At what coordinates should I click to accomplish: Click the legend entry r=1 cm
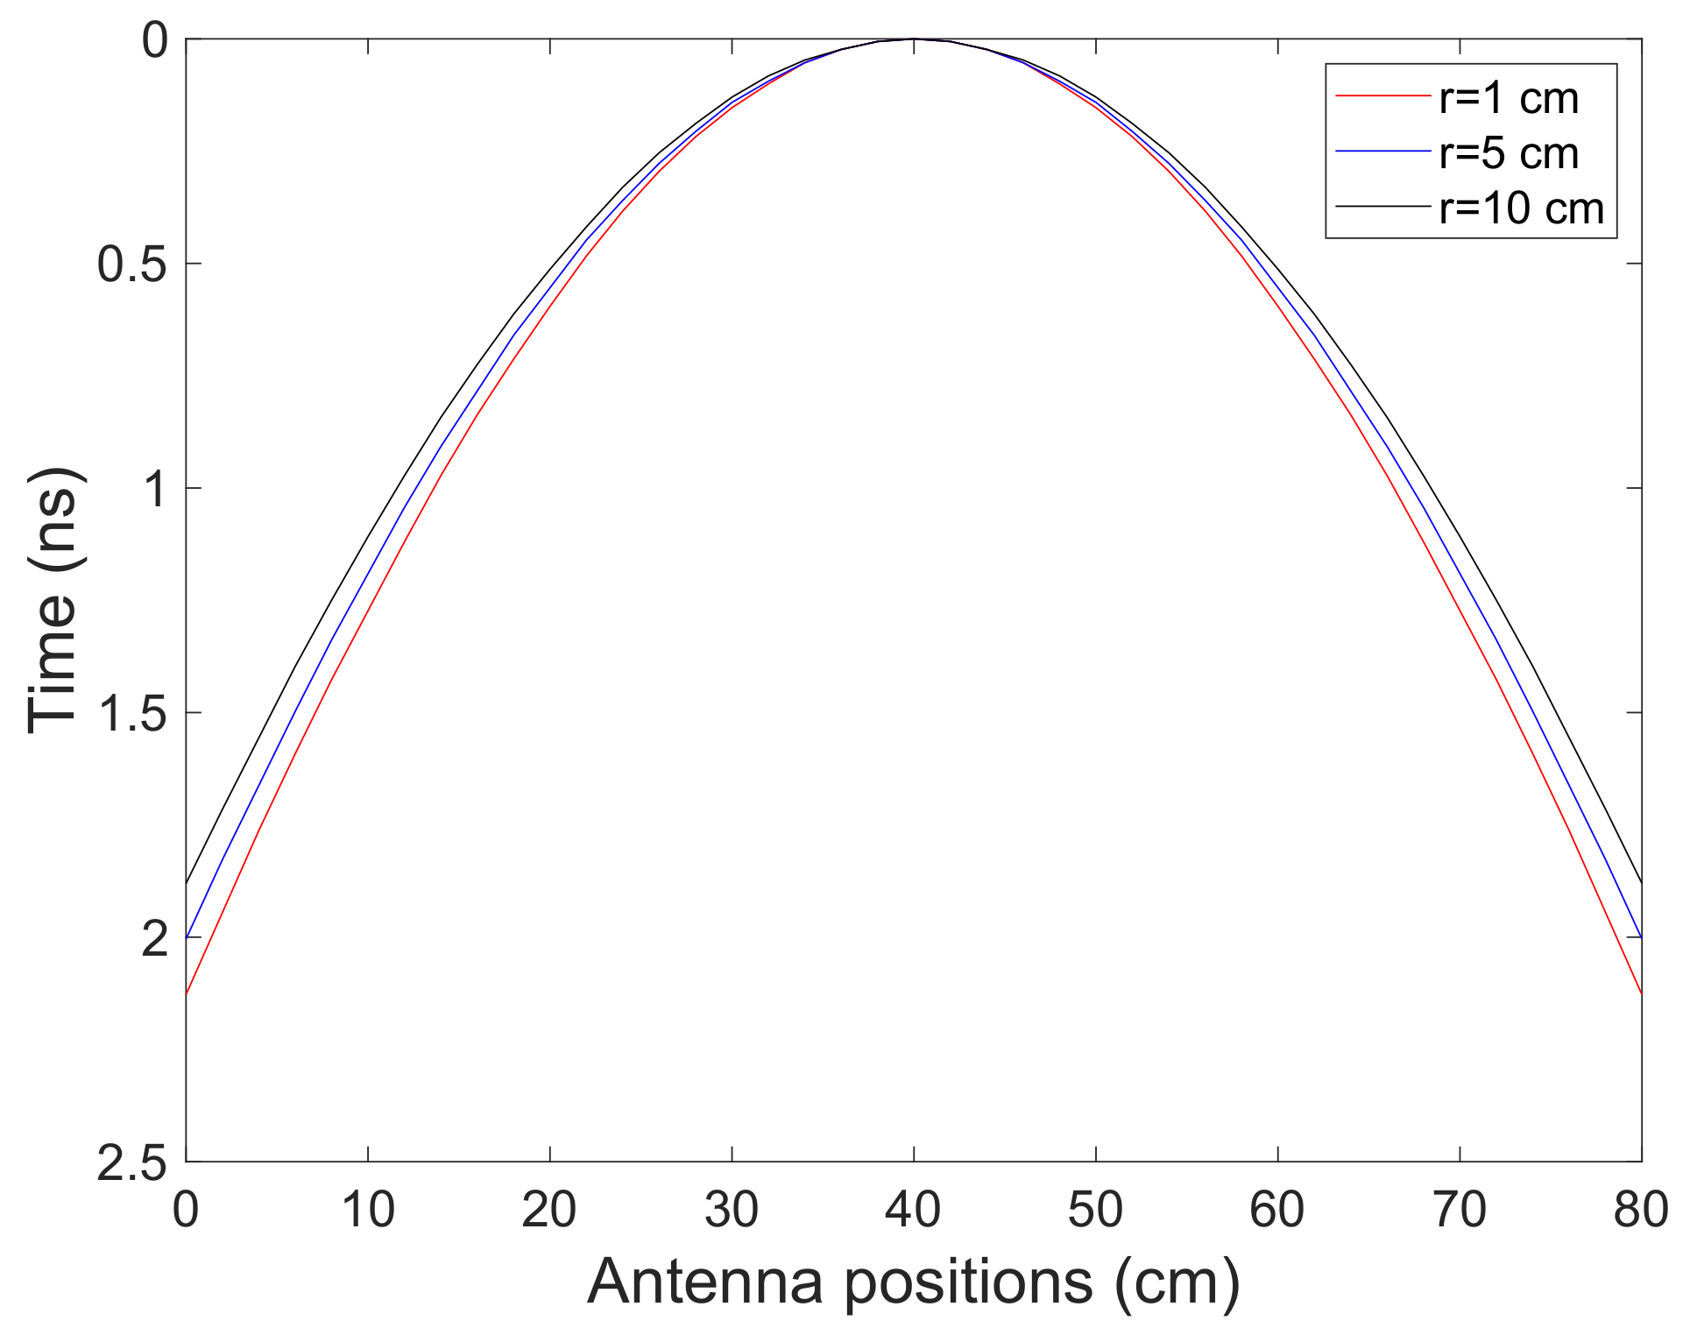pos(1508,98)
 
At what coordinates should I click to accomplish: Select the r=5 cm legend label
pos(1508,153)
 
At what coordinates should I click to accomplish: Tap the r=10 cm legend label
pos(1521,208)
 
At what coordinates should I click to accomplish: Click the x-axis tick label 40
pos(913,1211)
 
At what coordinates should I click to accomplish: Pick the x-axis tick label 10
pos(367,1211)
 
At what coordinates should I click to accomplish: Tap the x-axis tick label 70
pos(1460,1211)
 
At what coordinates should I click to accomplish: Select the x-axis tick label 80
pos(1640,1211)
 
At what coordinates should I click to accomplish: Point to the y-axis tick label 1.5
pos(131,714)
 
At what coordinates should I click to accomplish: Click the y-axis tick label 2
pos(154,939)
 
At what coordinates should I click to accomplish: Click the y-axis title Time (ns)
pos(54,601)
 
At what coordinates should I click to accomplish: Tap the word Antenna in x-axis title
pos(705,1282)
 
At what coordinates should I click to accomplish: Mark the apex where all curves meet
pos(914,39)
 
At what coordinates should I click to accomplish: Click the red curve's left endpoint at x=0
pos(187,994)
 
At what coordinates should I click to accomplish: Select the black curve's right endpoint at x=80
pos(1641,883)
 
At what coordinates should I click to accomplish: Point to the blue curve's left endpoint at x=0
pos(187,938)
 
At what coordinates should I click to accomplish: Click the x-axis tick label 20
pos(548,1211)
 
